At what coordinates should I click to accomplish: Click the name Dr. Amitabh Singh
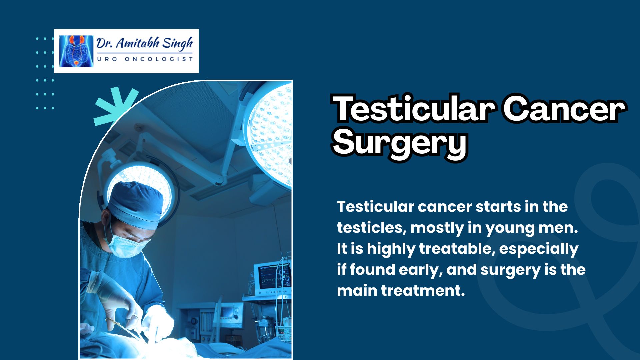(x=145, y=43)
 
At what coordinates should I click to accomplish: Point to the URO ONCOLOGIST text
(x=145, y=59)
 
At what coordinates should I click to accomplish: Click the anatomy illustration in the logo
(x=77, y=51)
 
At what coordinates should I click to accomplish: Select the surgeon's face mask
(x=128, y=246)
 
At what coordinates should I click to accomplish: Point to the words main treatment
(x=401, y=291)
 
